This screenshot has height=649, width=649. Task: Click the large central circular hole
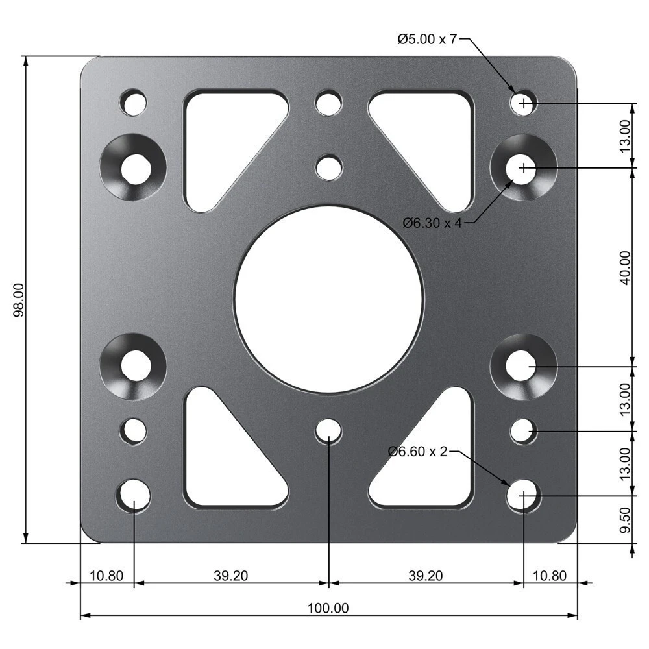click(x=328, y=299)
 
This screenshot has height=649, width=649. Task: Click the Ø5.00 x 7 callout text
click(x=427, y=40)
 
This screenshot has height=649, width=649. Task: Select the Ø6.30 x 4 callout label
click(x=432, y=223)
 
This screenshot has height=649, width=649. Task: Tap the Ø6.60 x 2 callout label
click(x=418, y=451)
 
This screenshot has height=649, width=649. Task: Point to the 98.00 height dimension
click(x=19, y=299)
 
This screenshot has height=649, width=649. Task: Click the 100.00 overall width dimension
click(x=328, y=608)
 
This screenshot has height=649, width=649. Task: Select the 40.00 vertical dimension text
click(x=624, y=267)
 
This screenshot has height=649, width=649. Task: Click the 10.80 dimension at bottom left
click(x=106, y=575)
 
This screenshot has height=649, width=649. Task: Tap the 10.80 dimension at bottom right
click(x=550, y=575)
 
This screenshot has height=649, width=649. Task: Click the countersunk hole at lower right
click(x=523, y=367)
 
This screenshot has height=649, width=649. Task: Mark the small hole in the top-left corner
click(x=134, y=103)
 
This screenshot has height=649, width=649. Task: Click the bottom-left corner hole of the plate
click(x=134, y=496)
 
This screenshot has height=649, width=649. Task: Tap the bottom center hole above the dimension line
click(x=329, y=431)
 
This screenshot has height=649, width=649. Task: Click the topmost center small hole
click(x=329, y=103)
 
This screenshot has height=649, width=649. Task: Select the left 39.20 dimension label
click(x=230, y=575)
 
